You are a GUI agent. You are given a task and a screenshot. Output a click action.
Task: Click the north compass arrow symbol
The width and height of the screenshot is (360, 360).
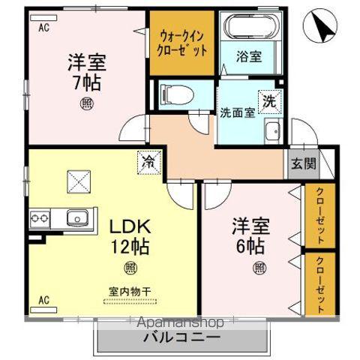point(325,28)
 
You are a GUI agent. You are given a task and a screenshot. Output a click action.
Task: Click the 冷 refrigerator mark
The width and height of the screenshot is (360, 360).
point(147,160)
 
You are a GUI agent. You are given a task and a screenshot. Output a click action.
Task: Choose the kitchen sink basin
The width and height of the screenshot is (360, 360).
point(76,218)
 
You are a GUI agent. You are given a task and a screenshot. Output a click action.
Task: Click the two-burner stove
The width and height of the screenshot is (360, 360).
point(40,218)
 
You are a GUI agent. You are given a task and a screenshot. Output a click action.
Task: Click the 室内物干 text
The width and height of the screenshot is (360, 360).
point(131,291)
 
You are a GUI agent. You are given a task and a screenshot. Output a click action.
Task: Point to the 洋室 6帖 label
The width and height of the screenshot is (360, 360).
point(250,235)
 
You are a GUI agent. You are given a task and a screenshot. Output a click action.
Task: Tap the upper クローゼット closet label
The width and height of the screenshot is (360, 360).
point(320,215)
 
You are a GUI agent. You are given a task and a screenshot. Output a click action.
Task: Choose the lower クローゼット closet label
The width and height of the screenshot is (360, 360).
point(320,285)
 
